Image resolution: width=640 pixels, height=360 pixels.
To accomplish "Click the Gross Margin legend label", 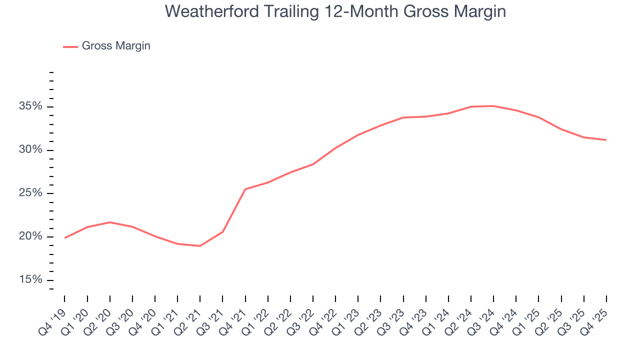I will [x=116, y=46].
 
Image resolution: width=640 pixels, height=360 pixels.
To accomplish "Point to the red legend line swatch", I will [x=70, y=46].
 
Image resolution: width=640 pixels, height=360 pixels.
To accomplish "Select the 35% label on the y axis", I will [x=30, y=106].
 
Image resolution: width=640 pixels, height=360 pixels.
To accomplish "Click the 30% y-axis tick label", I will [x=30, y=150].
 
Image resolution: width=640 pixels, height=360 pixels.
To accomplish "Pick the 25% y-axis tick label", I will [x=30, y=193].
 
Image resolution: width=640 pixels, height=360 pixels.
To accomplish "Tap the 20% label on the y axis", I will [x=30, y=236].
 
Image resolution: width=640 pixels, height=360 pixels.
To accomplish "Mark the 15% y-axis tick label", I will [x=30, y=279].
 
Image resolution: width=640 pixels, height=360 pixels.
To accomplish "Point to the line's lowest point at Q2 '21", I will [x=200, y=246].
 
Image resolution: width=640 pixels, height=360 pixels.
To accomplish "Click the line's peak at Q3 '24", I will [x=493, y=106].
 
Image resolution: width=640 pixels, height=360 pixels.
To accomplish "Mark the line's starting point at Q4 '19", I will [x=65, y=238].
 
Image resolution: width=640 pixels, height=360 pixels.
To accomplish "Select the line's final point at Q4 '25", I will [x=606, y=140].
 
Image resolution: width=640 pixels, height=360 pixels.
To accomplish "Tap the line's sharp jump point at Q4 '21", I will [x=245, y=189].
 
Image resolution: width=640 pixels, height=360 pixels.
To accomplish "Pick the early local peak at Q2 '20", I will [x=110, y=222].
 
